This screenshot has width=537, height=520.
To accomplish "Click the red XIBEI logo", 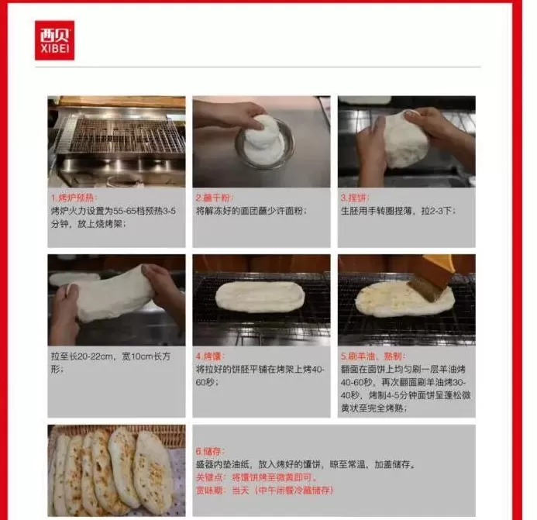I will coord(54,40).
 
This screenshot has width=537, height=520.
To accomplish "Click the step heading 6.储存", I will coord(209,450).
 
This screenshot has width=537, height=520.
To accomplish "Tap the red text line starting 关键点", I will coord(256,478).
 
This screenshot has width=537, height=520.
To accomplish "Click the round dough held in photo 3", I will coord(406,140).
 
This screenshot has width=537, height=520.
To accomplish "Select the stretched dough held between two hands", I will coord(112,293).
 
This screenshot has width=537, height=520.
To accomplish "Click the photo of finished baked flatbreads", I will coord(116,470).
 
